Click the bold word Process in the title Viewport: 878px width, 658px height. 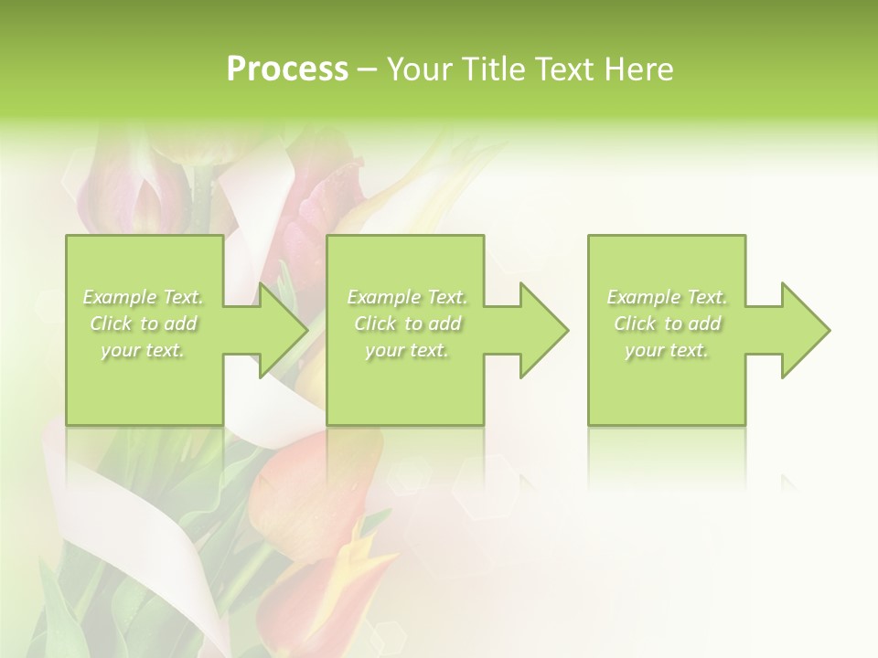[x=287, y=69]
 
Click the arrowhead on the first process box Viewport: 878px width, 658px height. [x=280, y=330]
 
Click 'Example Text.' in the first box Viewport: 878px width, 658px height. [x=144, y=297]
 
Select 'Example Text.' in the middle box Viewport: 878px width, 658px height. [x=407, y=297]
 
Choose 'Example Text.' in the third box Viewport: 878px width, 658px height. [x=667, y=297]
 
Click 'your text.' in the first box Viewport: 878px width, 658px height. [x=144, y=350]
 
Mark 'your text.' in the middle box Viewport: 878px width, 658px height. [x=407, y=350]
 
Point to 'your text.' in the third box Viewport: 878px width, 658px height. [x=667, y=350]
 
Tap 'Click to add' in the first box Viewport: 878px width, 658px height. [x=144, y=324]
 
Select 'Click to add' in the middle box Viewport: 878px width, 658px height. [x=407, y=324]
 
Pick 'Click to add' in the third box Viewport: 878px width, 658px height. [x=667, y=324]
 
